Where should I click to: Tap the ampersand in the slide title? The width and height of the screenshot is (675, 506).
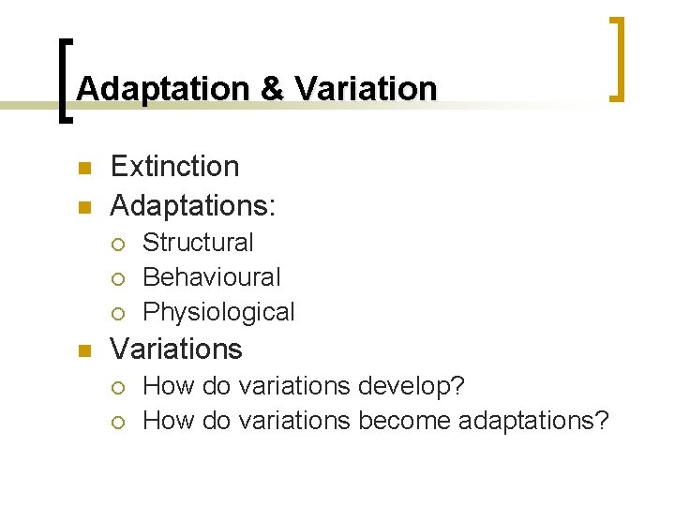tap(273, 89)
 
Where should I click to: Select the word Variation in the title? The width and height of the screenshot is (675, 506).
tap(366, 89)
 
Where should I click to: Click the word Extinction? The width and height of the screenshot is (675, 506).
tap(174, 167)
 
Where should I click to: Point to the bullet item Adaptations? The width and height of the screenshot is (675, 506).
tap(196, 202)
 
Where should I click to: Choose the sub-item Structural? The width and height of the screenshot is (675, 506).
tap(198, 243)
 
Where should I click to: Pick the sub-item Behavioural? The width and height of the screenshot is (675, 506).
tap(211, 277)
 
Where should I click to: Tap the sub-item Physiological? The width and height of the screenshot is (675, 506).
tap(218, 312)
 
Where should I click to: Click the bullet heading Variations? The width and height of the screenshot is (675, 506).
tap(176, 350)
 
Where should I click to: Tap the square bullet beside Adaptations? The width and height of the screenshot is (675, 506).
tap(82, 204)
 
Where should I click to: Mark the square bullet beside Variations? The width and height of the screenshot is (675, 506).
tap(82, 351)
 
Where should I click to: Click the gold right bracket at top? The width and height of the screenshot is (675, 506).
tap(618, 58)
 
